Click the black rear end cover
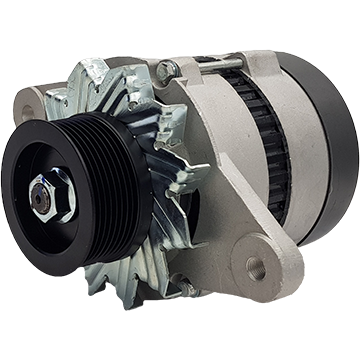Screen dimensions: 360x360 point(330,150)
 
